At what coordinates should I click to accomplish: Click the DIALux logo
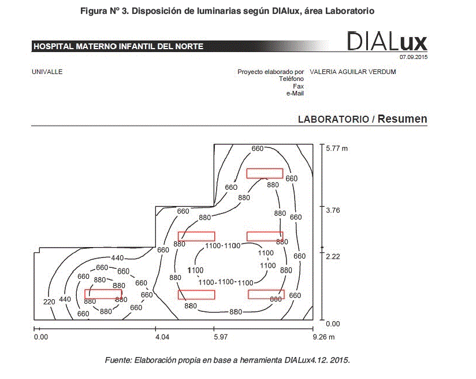click(x=387, y=41)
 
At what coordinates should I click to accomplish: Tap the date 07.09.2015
click(x=413, y=57)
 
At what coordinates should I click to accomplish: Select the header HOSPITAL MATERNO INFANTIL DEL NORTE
click(x=118, y=46)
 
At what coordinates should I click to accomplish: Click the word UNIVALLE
click(x=47, y=72)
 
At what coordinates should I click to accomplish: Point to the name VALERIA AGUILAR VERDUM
click(x=352, y=72)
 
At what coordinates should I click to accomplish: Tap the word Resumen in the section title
click(x=403, y=119)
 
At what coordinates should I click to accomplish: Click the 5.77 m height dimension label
click(x=337, y=149)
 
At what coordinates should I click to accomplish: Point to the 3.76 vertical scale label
click(x=333, y=211)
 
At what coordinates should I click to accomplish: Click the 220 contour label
click(x=50, y=302)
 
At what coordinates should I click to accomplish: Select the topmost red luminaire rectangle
click(x=265, y=173)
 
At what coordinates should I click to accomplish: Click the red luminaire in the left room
click(x=103, y=294)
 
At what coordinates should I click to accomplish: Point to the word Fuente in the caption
click(x=118, y=360)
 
